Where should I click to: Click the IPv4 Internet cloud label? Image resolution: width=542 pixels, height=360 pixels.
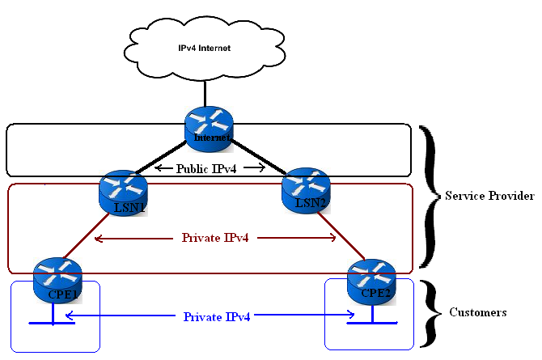[x=205, y=49]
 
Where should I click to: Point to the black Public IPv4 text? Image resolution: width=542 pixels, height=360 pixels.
[x=210, y=169]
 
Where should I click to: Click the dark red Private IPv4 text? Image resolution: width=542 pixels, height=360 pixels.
[x=215, y=238]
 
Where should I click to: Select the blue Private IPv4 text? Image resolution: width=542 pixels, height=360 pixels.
[x=216, y=316]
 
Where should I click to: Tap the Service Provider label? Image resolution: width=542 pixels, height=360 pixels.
[x=489, y=197]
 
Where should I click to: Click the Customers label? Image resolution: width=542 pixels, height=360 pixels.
[x=478, y=311]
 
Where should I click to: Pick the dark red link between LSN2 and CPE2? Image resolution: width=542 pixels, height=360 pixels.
[x=340, y=235]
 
